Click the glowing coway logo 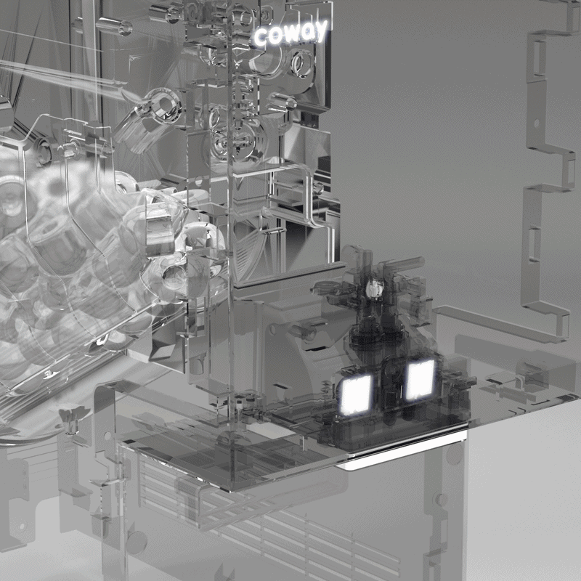(x=291, y=33)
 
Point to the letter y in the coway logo (x=320, y=31)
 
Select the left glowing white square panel (x=356, y=394)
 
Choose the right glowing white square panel (x=420, y=380)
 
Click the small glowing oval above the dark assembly (x=375, y=288)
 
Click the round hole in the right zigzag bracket (x=536, y=122)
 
